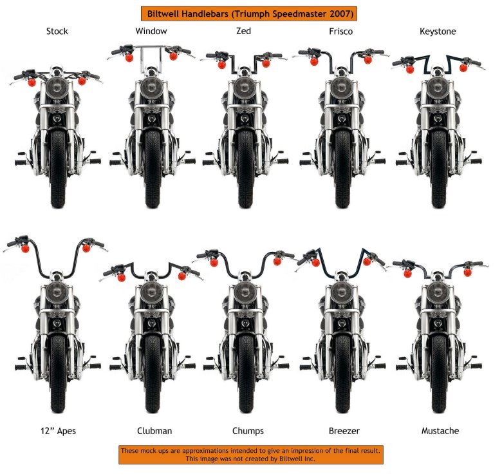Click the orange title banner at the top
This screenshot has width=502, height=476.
tap(249, 14)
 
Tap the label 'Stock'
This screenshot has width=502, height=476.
tap(57, 32)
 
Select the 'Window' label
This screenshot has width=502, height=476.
tap(151, 31)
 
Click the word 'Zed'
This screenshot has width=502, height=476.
tap(244, 31)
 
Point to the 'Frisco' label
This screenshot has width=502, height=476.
tap(340, 32)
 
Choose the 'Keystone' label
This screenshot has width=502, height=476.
tap(438, 32)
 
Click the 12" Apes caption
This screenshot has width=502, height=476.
tap(59, 431)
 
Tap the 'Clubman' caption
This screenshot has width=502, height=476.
tap(154, 431)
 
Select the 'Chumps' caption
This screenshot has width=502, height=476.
tap(248, 431)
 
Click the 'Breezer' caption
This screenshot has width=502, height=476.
tap(344, 431)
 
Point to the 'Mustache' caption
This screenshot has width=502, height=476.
tap(440, 430)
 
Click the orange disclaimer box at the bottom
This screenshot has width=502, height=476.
tap(251, 455)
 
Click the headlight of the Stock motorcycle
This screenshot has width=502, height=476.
tap(57, 87)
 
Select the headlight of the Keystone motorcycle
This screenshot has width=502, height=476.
tap(438, 88)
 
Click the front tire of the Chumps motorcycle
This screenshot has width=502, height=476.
tap(246, 374)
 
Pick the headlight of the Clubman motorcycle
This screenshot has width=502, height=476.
tap(151, 293)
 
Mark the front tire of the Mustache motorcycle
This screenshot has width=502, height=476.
tap(439, 374)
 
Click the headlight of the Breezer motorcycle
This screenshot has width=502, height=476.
tap(342, 292)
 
